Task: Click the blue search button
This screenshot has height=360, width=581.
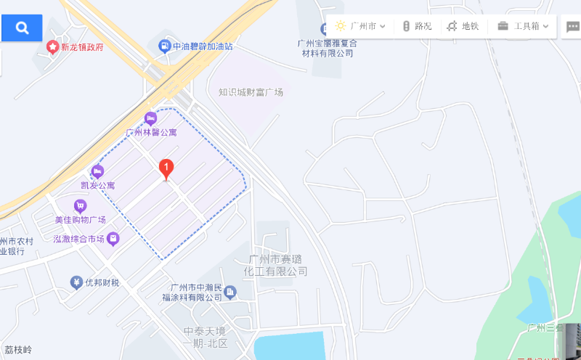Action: (22, 28)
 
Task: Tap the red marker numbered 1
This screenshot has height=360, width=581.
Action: (166, 169)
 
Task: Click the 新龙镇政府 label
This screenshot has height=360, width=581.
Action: (81, 47)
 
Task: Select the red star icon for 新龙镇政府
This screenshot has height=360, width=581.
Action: (52, 47)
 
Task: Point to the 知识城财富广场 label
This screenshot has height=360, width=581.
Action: (251, 92)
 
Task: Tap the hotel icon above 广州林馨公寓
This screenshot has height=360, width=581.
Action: (150, 118)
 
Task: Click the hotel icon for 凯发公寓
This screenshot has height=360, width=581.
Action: (97, 172)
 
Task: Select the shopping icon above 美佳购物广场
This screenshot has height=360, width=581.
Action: (80, 206)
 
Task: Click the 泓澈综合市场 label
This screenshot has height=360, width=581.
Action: (79, 238)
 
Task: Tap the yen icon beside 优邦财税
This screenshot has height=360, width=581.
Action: (76, 282)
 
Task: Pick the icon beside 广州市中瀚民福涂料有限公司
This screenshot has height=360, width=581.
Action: (230, 292)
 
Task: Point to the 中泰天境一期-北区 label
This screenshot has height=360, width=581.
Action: (206, 337)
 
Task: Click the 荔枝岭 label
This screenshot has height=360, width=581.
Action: (17, 350)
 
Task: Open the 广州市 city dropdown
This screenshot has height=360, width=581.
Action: (361, 26)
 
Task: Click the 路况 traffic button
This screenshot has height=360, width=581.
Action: (417, 26)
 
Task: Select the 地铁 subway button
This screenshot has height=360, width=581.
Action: (463, 26)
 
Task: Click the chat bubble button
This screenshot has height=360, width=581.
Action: (573, 27)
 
